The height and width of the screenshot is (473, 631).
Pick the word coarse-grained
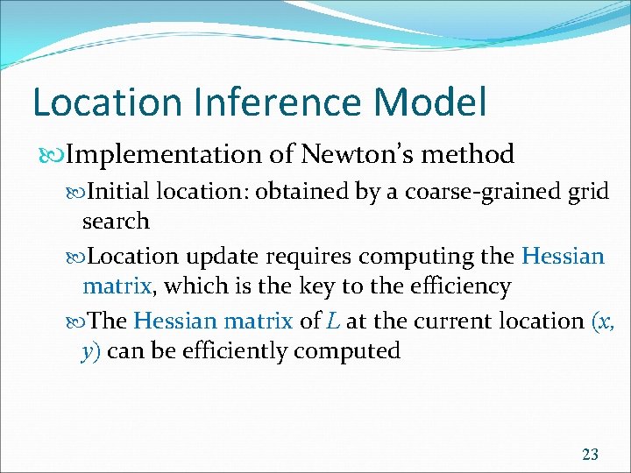(479, 191)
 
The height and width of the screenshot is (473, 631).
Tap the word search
(116, 221)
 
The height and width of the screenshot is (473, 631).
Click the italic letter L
(334, 321)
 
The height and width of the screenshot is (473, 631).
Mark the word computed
(347, 351)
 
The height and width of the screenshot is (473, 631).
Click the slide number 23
(590, 454)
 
